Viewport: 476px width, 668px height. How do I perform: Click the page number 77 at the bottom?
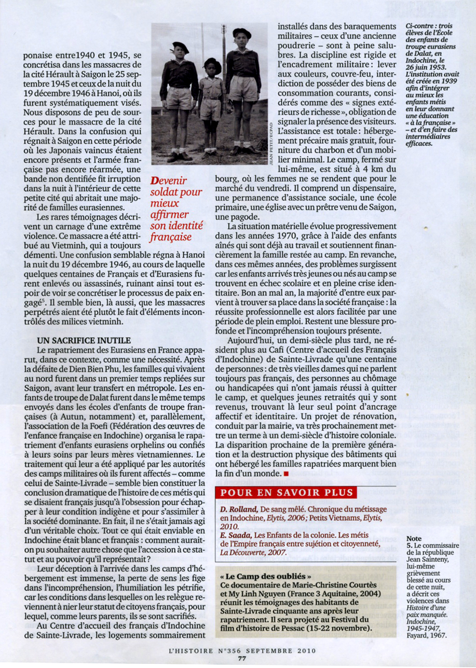[241, 659]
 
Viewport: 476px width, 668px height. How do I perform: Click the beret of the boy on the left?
[180, 47]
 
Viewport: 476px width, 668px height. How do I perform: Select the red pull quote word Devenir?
[170, 181]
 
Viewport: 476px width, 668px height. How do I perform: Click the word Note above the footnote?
[414, 538]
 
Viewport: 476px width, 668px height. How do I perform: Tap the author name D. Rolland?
[239, 509]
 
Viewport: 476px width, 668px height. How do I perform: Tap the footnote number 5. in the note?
[410, 546]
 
